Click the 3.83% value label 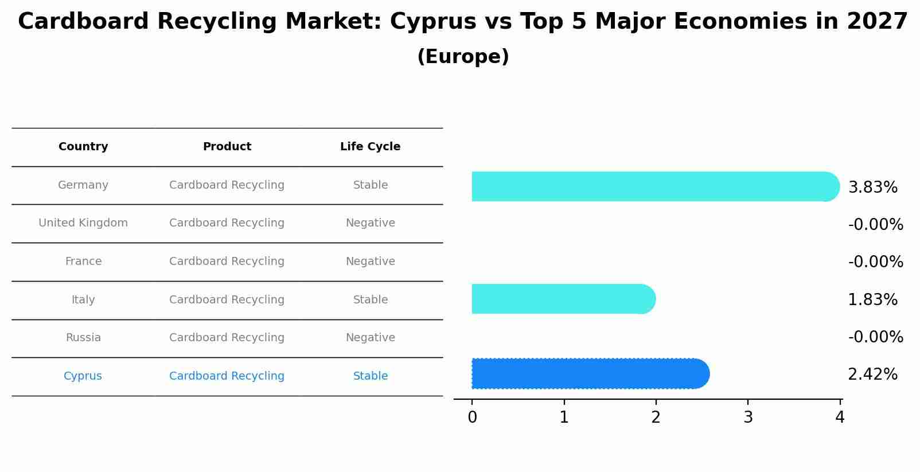tap(872, 188)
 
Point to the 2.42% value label tap(872, 375)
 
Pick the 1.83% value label tap(872, 300)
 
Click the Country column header tap(83, 147)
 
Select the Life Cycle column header tap(370, 147)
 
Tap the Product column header tap(227, 147)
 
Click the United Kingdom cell tap(83, 223)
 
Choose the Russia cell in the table tap(83, 338)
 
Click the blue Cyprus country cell tap(83, 376)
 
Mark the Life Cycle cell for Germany tap(371, 185)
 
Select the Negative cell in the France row tap(371, 262)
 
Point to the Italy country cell tap(83, 300)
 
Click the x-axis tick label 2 tap(656, 418)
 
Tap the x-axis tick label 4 tap(840, 418)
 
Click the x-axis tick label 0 tap(472, 418)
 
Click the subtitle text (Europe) tap(463, 57)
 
